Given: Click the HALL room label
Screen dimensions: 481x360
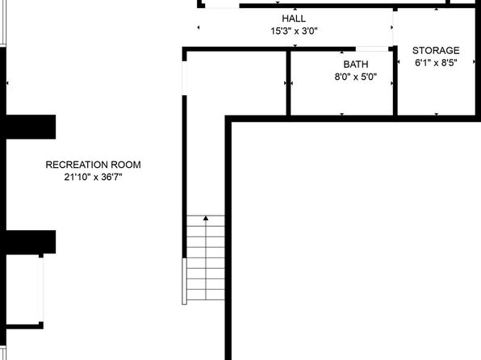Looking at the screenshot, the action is pyautogui.click(x=294, y=19).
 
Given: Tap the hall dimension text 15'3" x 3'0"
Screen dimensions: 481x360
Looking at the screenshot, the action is pyautogui.click(x=294, y=31).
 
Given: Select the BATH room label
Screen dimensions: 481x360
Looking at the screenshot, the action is pyautogui.click(x=356, y=65).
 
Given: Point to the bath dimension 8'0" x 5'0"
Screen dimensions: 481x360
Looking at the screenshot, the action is pyautogui.click(x=356, y=77).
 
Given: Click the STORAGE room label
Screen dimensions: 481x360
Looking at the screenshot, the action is pyautogui.click(x=436, y=50).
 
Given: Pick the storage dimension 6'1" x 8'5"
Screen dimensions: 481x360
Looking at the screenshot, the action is pyautogui.click(x=436, y=63).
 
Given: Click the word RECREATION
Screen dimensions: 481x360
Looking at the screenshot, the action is pyautogui.click(x=77, y=165).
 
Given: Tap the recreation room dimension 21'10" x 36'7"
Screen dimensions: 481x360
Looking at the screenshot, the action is pyautogui.click(x=94, y=177).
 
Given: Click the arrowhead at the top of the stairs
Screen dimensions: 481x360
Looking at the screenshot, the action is pyautogui.click(x=206, y=218).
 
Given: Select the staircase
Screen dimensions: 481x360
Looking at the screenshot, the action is pyautogui.click(x=206, y=257).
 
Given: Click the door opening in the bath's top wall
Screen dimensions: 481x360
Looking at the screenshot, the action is pyautogui.click(x=372, y=48).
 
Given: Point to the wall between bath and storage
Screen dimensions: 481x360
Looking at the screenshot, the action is pyautogui.click(x=395, y=82).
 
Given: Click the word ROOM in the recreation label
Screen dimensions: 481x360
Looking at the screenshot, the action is pyautogui.click(x=126, y=165).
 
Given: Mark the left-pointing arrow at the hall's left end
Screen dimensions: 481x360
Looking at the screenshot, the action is pyautogui.click(x=199, y=27).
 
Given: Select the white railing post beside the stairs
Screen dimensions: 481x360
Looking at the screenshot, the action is pyautogui.click(x=184, y=281).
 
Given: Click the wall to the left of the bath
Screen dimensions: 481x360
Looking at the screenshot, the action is pyautogui.click(x=288, y=83).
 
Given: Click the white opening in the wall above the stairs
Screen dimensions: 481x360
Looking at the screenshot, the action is pyautogui.click(x=184, y=78).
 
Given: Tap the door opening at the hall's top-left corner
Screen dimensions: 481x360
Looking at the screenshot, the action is pyautogui.click(x=222, y=6).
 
